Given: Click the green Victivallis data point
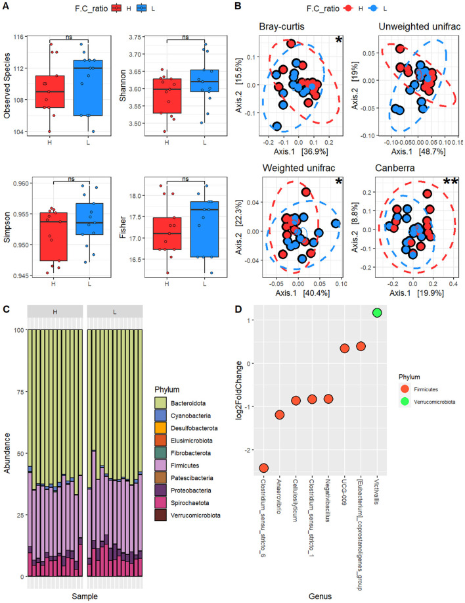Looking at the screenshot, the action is [x=377, y=312].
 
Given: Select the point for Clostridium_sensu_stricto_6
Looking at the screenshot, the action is [x=263, y=468].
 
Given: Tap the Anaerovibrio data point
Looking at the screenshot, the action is [x=280, y=414].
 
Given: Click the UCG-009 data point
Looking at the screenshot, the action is [x=344, y=349].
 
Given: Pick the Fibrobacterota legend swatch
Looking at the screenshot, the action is [x=160, y=453].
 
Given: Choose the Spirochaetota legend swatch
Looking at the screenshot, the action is [x=160, y=503].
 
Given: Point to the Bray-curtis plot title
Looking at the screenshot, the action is [x=282, y=26].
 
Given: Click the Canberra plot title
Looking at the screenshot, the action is [x=395, y=168].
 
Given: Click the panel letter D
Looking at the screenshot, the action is [x=238, y=309].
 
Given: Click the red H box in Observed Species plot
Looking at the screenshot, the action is [x=50, y=91].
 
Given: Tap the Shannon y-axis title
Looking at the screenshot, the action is [x=123, y=85].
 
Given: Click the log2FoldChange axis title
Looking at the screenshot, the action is [x=239, y=391].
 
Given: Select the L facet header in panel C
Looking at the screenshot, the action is [x=115, y=312].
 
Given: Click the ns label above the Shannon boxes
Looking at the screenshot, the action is [x=185, y=37].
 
